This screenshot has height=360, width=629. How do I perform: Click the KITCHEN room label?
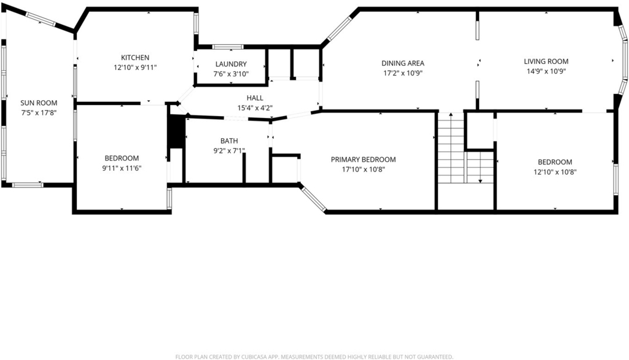pos(135,58)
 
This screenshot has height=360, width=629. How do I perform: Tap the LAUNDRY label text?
pos(231,65)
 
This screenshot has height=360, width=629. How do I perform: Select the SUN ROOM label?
pos(39,103)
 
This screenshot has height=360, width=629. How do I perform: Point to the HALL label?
pos(255,98)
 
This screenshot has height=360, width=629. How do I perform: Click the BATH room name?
pos(229,141)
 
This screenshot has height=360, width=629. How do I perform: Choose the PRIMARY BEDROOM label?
pos(364,159)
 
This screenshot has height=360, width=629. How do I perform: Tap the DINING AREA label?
pos(403,63)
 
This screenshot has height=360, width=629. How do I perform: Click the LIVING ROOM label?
pos(546,61)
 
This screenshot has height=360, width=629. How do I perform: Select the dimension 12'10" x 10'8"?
pos(555,172)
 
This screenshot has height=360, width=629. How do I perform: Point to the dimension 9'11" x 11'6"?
pos(122,168)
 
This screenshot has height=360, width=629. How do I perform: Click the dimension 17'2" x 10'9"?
pos(403,73)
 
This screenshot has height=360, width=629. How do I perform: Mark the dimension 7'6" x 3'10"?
pos(231,74)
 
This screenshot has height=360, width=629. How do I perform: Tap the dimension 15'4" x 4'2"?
pos(255,108)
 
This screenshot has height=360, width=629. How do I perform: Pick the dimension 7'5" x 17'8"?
pos(39,113)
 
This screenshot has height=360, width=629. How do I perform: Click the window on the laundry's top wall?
pos(228,47)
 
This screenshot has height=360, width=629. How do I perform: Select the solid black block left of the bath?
pos(176,131)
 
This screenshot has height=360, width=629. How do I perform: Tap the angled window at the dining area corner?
pos(339,28)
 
